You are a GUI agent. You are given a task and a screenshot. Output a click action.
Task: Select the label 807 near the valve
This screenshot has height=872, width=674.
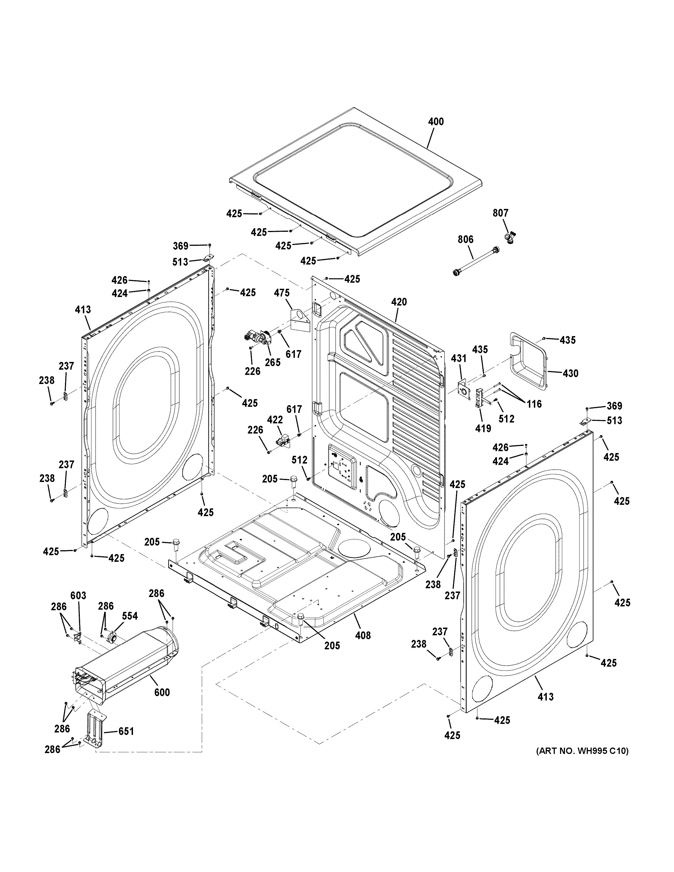coord(500,213)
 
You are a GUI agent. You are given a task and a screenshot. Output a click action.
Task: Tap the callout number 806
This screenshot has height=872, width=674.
coord(465,239)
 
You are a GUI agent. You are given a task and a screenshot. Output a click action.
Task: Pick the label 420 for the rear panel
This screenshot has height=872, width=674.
coord(399,302)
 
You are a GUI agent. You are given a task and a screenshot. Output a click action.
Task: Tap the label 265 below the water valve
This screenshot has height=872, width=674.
coord(273,362)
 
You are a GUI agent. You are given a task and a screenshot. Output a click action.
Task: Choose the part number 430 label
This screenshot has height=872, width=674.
coord(570,373)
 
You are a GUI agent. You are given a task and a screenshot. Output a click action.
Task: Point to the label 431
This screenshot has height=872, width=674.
coord(459,359)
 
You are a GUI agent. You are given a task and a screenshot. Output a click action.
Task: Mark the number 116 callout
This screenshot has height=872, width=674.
coord(534,404)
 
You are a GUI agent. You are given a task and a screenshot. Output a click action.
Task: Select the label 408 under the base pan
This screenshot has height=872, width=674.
coord(363,635)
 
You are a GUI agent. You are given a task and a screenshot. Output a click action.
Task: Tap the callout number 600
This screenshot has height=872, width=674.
coord(162,692)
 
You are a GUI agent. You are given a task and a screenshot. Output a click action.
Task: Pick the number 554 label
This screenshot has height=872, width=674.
coord(130,616)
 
